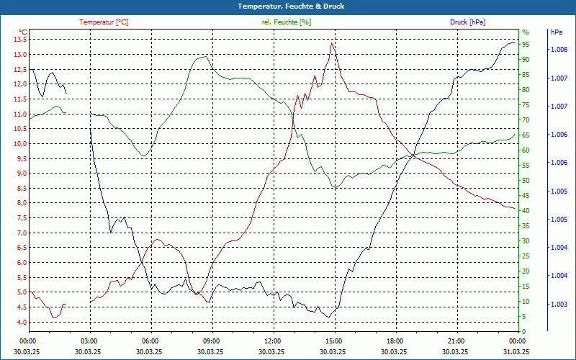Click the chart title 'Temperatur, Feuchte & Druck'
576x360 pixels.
(x=288, y=6)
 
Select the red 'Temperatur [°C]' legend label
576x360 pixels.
(x=104, y=22)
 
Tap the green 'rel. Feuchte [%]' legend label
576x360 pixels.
(x=287, y=22)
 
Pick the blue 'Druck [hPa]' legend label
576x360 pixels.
(x=468, y=22)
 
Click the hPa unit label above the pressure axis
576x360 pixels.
(x=556, y=32)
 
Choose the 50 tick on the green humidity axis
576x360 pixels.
(x=526, y=181)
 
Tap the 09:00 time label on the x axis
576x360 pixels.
(x=211, y=341)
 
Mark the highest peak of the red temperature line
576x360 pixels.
(x=331, y=43)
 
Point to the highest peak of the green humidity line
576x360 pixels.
(x=207, y=56)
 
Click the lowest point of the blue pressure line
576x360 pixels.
(x=329, y=318)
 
